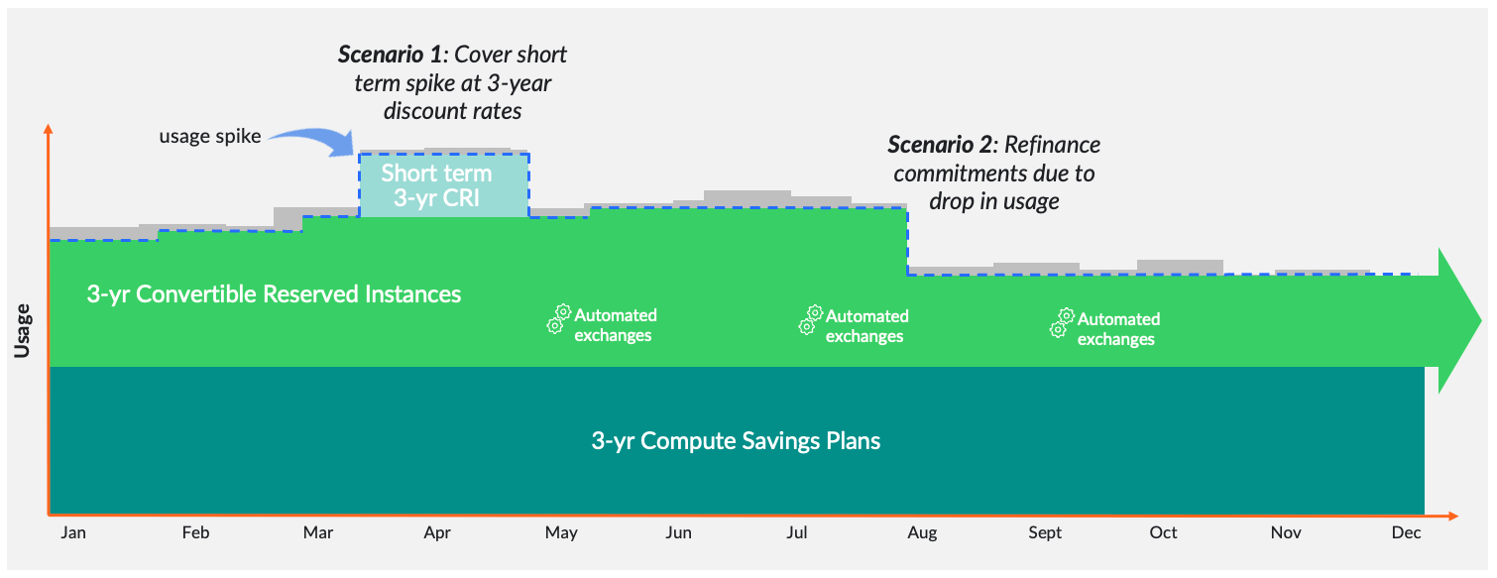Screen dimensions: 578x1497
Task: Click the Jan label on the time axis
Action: [x=72, y=533]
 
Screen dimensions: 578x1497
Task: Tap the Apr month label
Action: [x=437, y=533]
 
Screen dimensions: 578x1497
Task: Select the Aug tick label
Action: [x=921, y=533]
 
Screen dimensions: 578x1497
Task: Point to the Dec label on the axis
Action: [x=1405, y=533]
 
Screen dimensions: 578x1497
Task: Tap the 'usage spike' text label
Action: [x=210, y=136]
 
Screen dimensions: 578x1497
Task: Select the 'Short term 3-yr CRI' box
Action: [x=443, y=185]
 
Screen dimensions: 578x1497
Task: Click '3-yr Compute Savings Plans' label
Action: [x=736, y=440]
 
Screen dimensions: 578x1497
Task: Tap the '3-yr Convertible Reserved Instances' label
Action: [x=274, y=294]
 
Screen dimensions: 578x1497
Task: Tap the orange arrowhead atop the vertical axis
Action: [x=47, y=130]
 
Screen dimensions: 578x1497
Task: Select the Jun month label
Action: [x=678, y=533]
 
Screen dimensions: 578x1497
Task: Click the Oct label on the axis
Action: [x=1163, y=533]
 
